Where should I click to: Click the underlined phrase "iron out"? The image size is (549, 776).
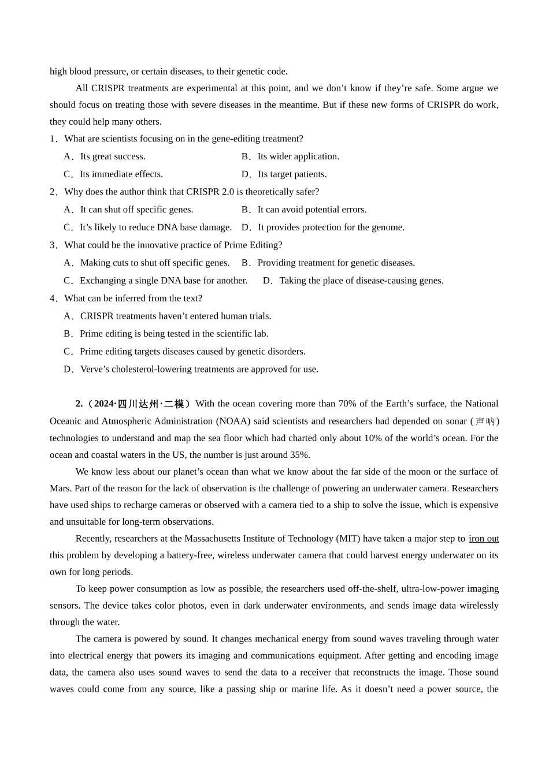[x=484, y=539]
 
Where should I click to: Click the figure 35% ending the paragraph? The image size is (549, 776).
[x=299, y=455]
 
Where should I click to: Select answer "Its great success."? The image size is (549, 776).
[x=113, y=156]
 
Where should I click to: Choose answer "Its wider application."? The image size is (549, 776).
[x=298, y=156]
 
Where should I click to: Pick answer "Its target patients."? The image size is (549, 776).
[x=292, y=174]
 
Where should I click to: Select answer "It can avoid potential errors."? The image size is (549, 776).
[x=312, y=210]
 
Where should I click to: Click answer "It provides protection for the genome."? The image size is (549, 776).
[x=331, y=227]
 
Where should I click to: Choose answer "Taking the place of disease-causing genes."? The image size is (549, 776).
[x=361, y=281]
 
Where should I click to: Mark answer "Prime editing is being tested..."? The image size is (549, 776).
[x=174, y=334]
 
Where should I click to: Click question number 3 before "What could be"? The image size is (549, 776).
[x=53, y=245]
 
